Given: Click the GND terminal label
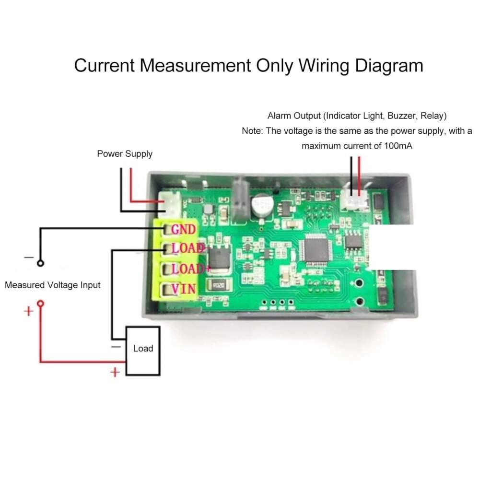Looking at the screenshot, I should [183, 229].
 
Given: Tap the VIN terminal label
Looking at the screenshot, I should [183, 289].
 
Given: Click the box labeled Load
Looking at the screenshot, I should [143, 349].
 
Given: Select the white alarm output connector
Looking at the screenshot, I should [356, 199].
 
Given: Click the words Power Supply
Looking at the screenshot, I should [125, 154].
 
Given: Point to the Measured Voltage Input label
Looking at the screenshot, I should [53, 285].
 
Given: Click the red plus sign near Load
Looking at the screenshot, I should [115, 372].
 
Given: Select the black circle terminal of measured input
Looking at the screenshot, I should [41, 263].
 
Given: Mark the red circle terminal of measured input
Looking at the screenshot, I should [41, 303].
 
